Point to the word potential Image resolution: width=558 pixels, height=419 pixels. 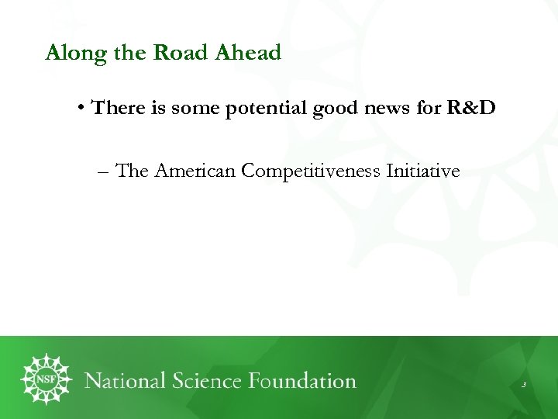click(266, 109)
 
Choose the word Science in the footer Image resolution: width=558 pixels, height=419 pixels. click(216, 381)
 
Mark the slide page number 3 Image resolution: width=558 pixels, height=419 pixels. click(524, 385)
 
